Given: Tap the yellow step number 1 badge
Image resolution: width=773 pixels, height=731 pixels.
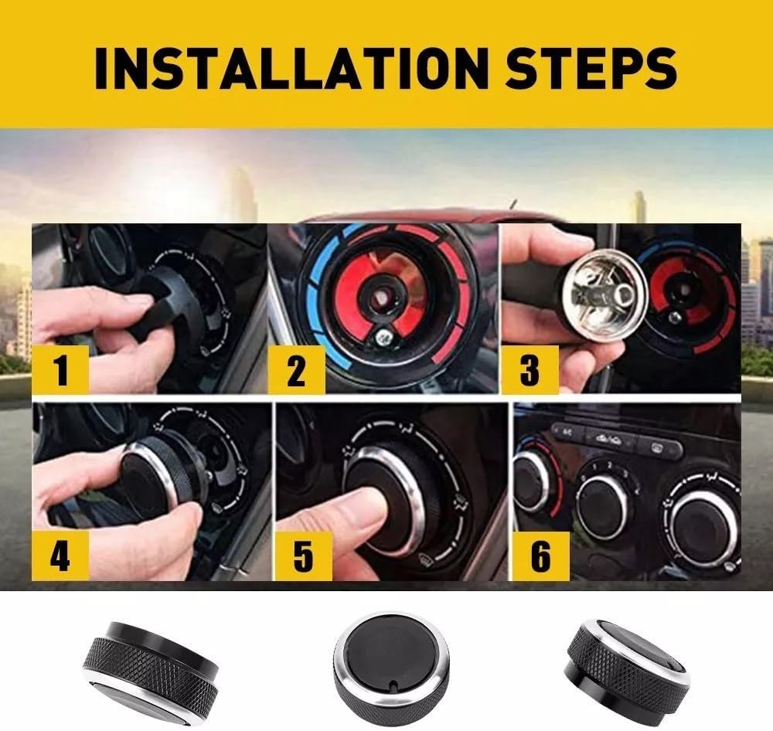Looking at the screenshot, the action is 60,369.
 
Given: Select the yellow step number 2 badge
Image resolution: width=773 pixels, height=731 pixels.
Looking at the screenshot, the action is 296,369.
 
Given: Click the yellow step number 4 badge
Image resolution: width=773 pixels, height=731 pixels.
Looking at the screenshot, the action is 60,556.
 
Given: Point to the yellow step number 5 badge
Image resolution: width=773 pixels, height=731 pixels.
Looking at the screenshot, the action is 303,556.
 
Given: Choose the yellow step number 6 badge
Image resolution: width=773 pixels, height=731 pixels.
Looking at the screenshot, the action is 541,556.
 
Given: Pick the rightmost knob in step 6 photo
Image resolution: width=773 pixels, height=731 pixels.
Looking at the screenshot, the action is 704,528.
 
